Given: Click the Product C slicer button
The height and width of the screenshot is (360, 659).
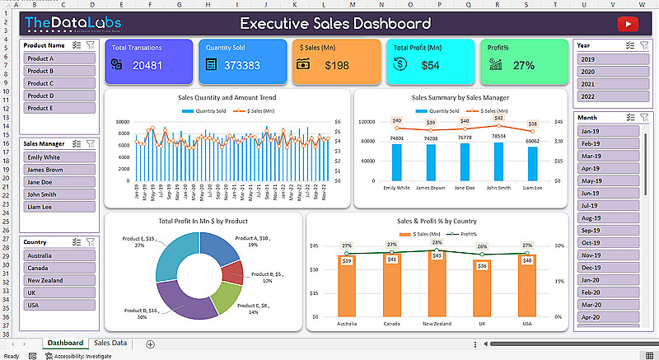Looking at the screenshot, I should (58, 83).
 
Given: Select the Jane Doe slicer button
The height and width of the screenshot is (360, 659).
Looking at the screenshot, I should (58, 182).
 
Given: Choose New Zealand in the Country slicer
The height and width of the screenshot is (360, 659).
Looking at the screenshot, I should (58, 281).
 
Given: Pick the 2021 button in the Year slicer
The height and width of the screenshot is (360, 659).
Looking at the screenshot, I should (606, 84).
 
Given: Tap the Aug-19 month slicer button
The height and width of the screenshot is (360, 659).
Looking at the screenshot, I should (606, 217).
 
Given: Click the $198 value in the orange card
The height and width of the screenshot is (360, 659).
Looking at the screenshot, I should (337, 65).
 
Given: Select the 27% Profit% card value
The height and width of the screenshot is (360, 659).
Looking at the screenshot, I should (524, 65).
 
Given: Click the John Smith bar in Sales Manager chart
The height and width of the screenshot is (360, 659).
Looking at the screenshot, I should (498, 161).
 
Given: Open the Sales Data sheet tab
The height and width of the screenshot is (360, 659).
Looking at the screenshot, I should (110, 343).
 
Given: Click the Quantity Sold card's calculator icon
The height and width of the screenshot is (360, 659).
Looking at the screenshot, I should (211, 64).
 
